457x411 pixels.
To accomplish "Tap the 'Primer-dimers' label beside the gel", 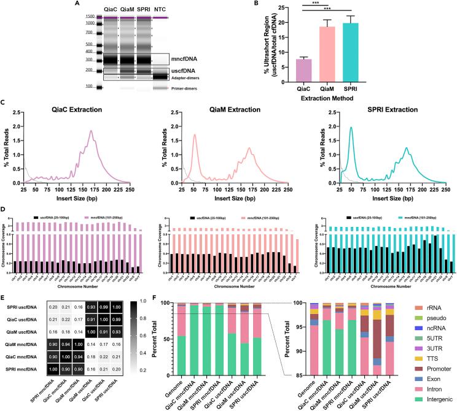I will pos(187,88).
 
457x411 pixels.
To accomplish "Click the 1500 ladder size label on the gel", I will pos(90,16).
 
